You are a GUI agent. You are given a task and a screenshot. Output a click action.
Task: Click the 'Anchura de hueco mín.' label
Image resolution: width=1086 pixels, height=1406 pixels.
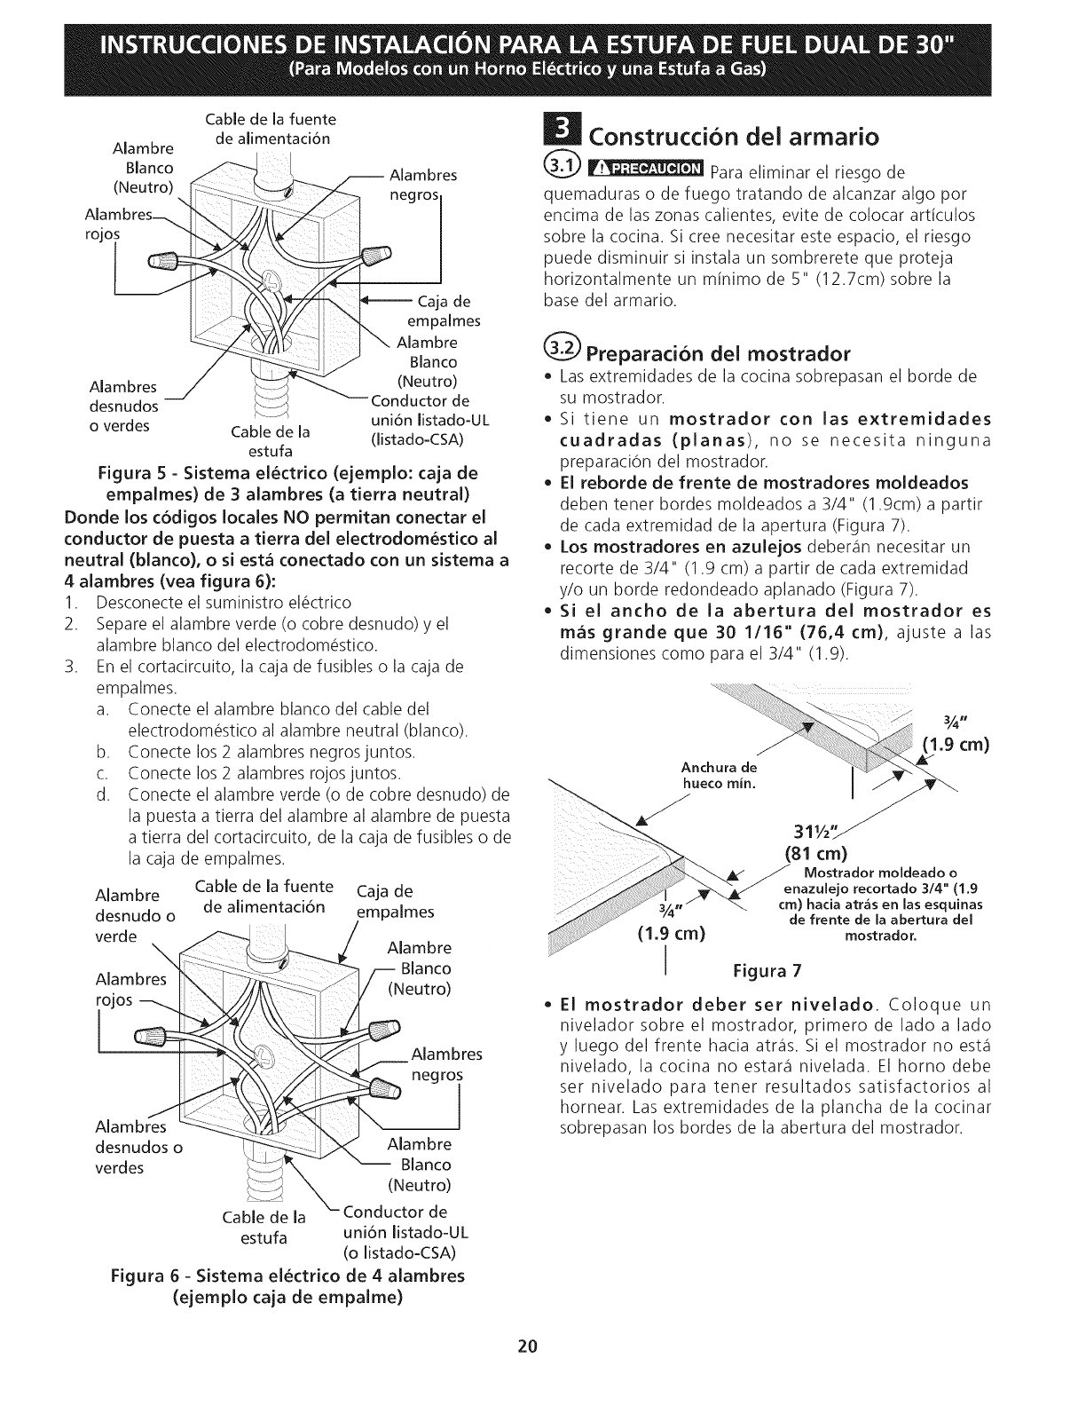[719, 775]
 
